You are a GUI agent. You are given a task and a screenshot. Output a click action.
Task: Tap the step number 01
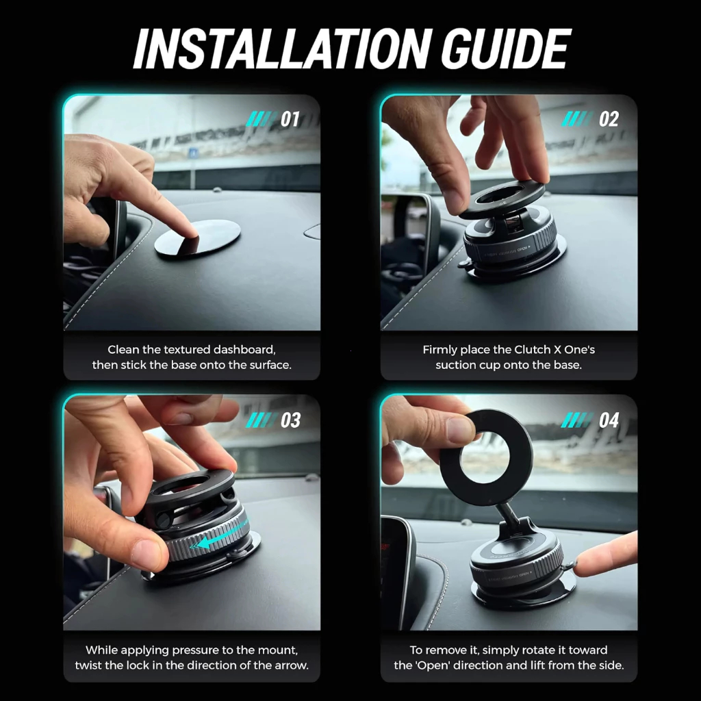click(x=290, y=119)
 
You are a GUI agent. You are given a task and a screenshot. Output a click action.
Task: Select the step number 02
click(x=609, y=119)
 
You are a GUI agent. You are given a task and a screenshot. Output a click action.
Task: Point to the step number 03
click(x=290, y=420)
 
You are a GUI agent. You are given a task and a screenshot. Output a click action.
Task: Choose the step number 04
click(x=609, y=420)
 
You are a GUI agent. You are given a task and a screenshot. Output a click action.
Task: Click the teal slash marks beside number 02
click(x=576, y=119)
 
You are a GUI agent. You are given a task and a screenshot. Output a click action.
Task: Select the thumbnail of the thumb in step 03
click(x=143, y=555)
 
